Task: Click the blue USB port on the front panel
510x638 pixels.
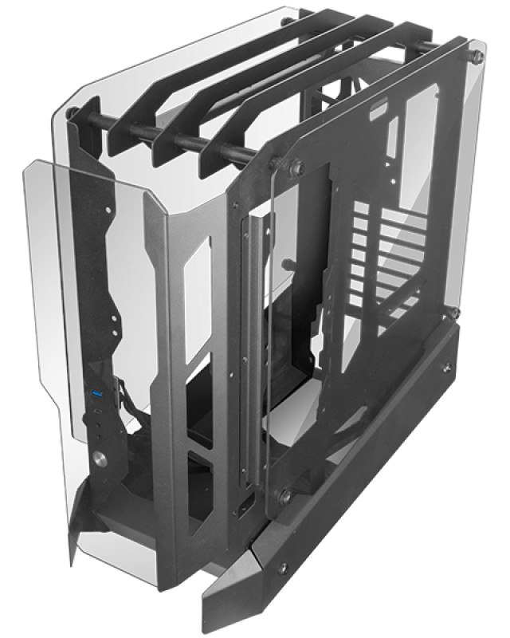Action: [96, 396]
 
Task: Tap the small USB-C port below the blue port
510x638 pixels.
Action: [98, 410]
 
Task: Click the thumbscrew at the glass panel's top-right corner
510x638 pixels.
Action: [477, 57]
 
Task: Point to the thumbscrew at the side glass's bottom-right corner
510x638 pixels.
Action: [453, 313]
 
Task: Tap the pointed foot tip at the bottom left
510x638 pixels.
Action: [73, 550]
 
